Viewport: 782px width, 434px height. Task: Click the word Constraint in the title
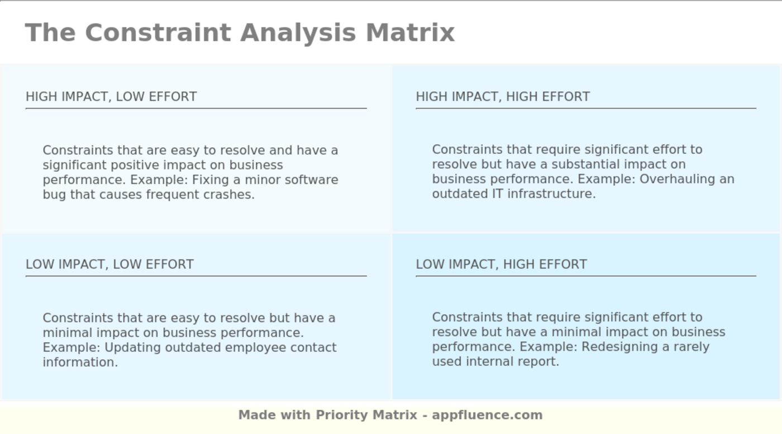[x=158, y=32]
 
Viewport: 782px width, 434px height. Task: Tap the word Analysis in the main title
[x=298, y=34]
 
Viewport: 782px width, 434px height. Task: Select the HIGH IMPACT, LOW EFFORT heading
[x=111, y=97]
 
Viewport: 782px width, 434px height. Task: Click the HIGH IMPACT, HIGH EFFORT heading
[x=503, y=97]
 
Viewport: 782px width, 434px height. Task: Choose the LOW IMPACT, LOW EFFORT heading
[x=109, y=264]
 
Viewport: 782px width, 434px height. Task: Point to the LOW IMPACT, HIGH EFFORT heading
[x=502, y=264]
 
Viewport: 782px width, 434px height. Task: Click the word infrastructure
[x=552, y=194]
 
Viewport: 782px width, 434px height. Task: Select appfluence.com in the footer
[x=487, y=416]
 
